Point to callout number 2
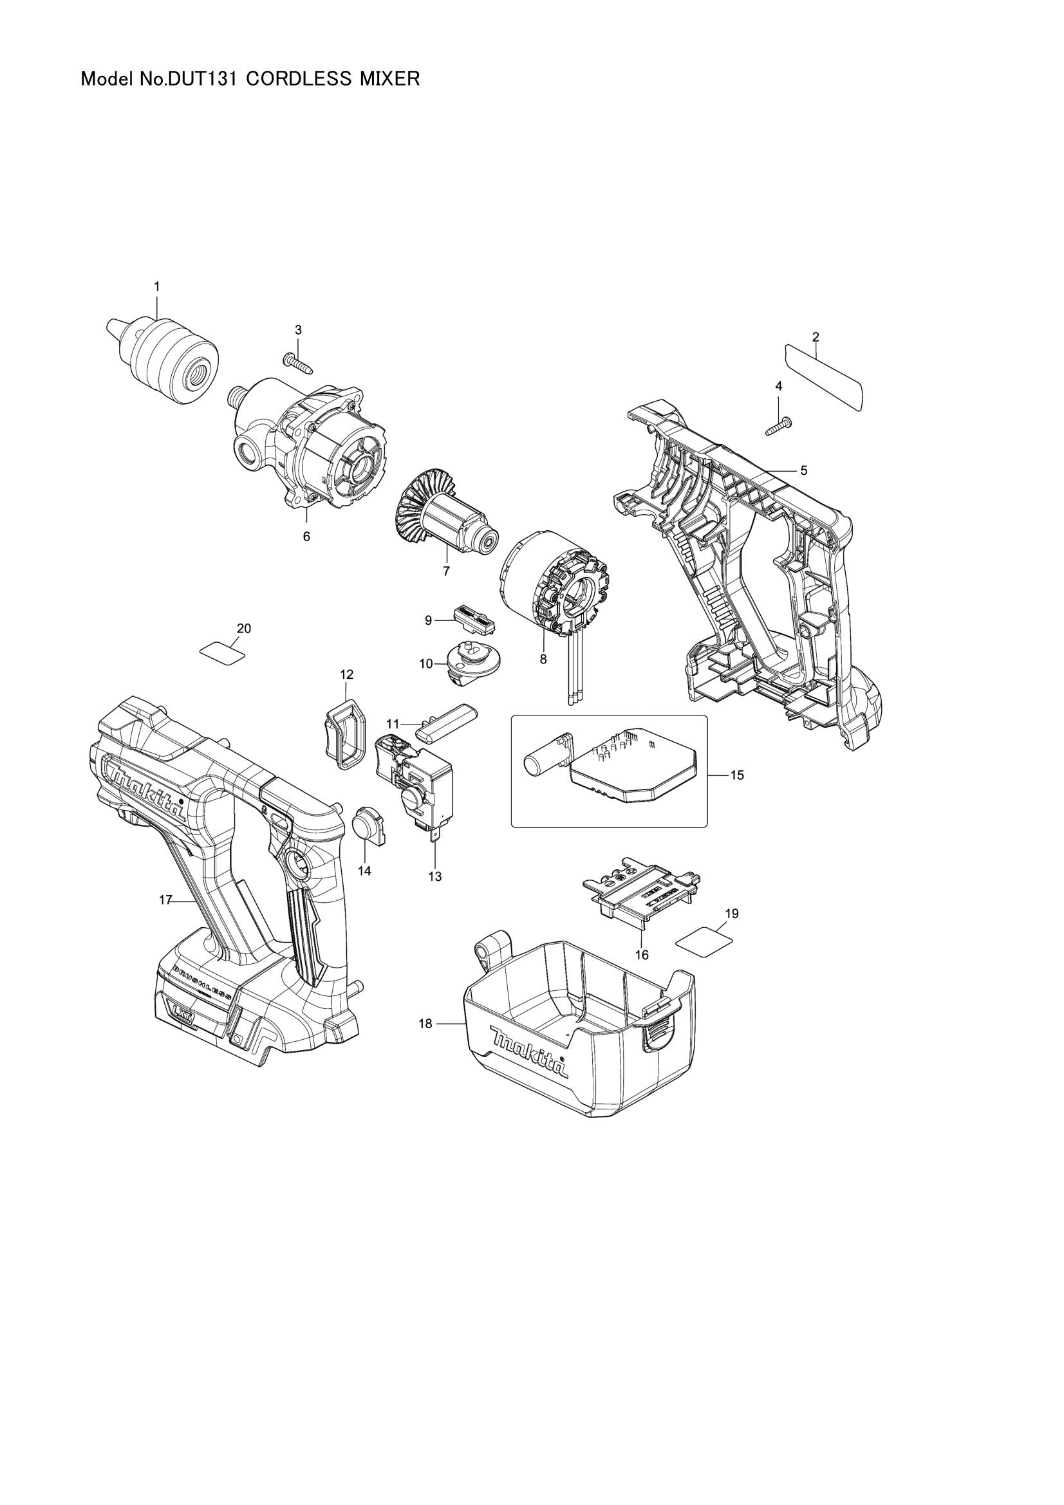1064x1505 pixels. click(816, 337)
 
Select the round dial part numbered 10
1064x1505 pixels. click(468, 663)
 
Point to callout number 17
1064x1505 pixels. click(165, 901)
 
